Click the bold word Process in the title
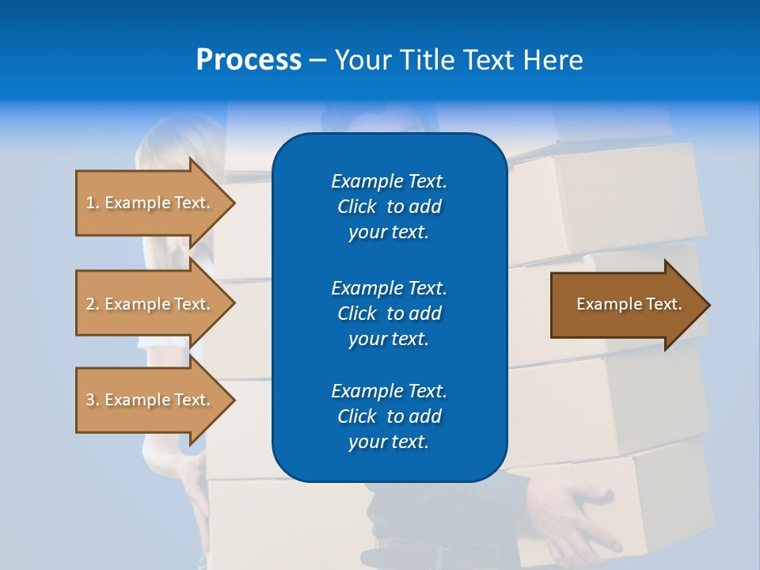[249, 60]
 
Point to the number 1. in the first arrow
[93, 203]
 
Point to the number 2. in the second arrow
[93, 304]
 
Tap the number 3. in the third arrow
[93, 400]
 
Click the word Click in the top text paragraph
[357, 207]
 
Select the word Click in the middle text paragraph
[357, 313]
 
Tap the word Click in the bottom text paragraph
[357, 416]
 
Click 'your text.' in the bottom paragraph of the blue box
[389, 443]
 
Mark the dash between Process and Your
[317, 61]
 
